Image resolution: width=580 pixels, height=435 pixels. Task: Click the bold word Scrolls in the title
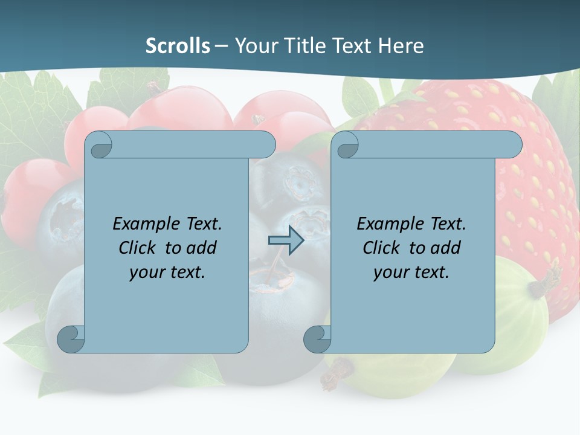(x=178, y=46)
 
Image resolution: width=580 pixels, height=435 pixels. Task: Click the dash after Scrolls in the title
(x=221, y=47)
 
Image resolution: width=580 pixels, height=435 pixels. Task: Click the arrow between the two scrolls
(x=286, y=240)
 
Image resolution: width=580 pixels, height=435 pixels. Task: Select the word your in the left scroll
(x=147, y=272)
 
